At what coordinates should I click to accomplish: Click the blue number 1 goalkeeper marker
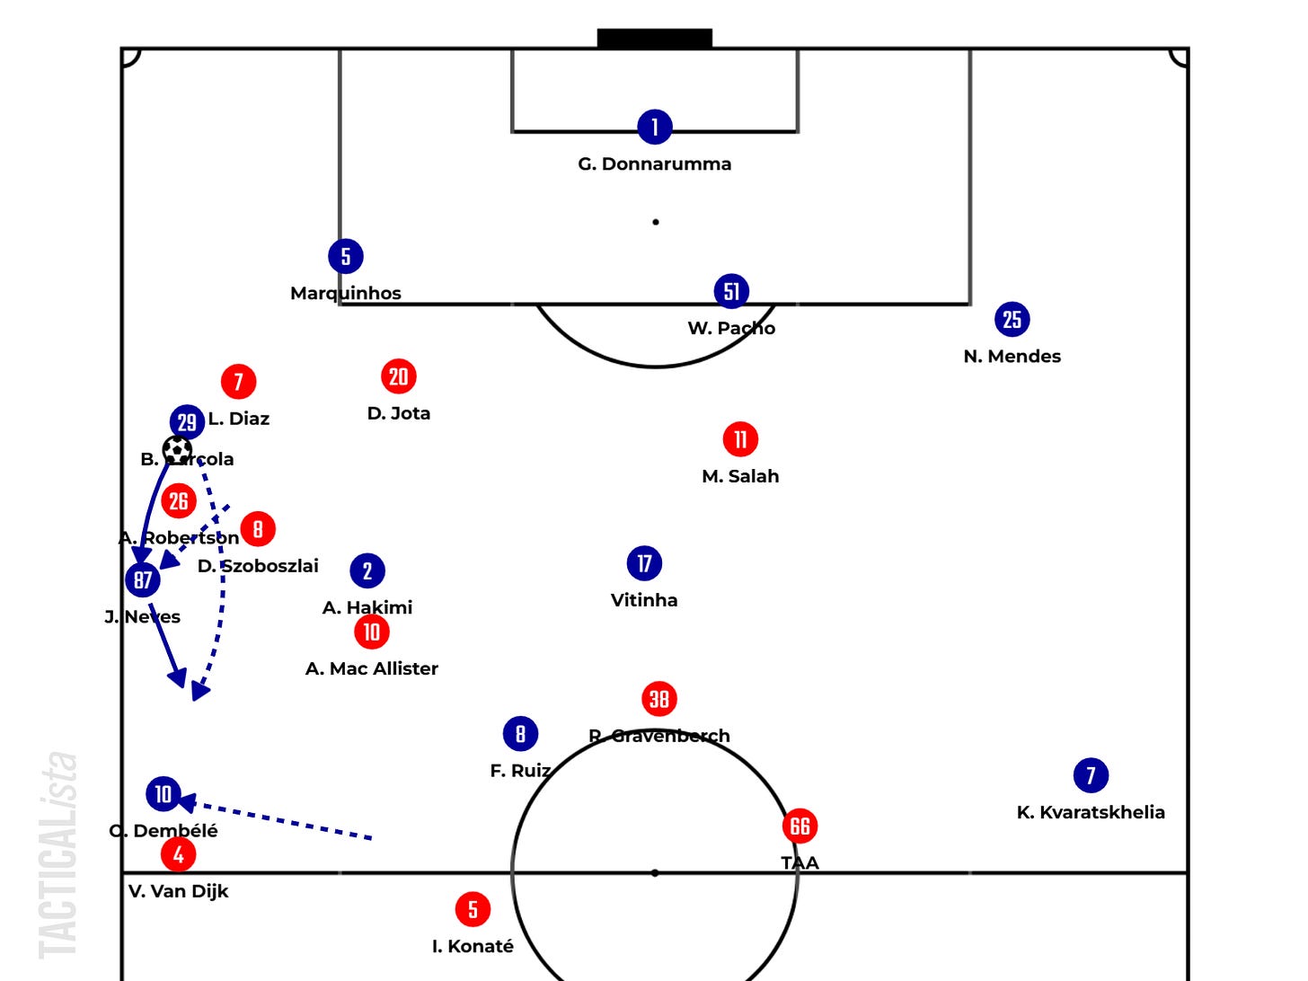click(x=655, y=127)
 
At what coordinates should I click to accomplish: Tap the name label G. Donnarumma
click(x=654, y=163)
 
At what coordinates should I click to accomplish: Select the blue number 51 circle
click(x=731, y=291)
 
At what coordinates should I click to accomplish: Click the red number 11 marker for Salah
click(x=740, y=439)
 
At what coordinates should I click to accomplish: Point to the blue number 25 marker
click(x=1012, y=319)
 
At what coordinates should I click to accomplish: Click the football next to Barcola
click(x=177, y=449)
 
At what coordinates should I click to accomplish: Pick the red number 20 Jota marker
click(x=399, y=376)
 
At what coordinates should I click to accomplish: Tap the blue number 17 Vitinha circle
click(x=644, y=563)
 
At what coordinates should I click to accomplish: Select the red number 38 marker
click(x=659, y=699)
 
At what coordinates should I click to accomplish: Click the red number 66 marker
click(x=800, y=826)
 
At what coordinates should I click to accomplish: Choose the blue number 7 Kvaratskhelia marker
click(x=1091, y=775)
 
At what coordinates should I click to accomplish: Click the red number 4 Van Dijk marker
click(x=179, y=854)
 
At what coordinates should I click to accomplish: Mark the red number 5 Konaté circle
click(x=473, y=909)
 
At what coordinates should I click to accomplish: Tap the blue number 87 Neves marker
click(x=143, y=579)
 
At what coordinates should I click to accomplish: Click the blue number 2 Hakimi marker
click(x=367, y=570)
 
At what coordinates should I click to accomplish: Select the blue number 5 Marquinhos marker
click(x=346, y=256)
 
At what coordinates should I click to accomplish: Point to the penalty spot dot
click(x=656, y=222)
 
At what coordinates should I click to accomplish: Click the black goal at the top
click(x=655, y=38)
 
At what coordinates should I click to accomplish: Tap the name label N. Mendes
click(x=1012, y=356)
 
